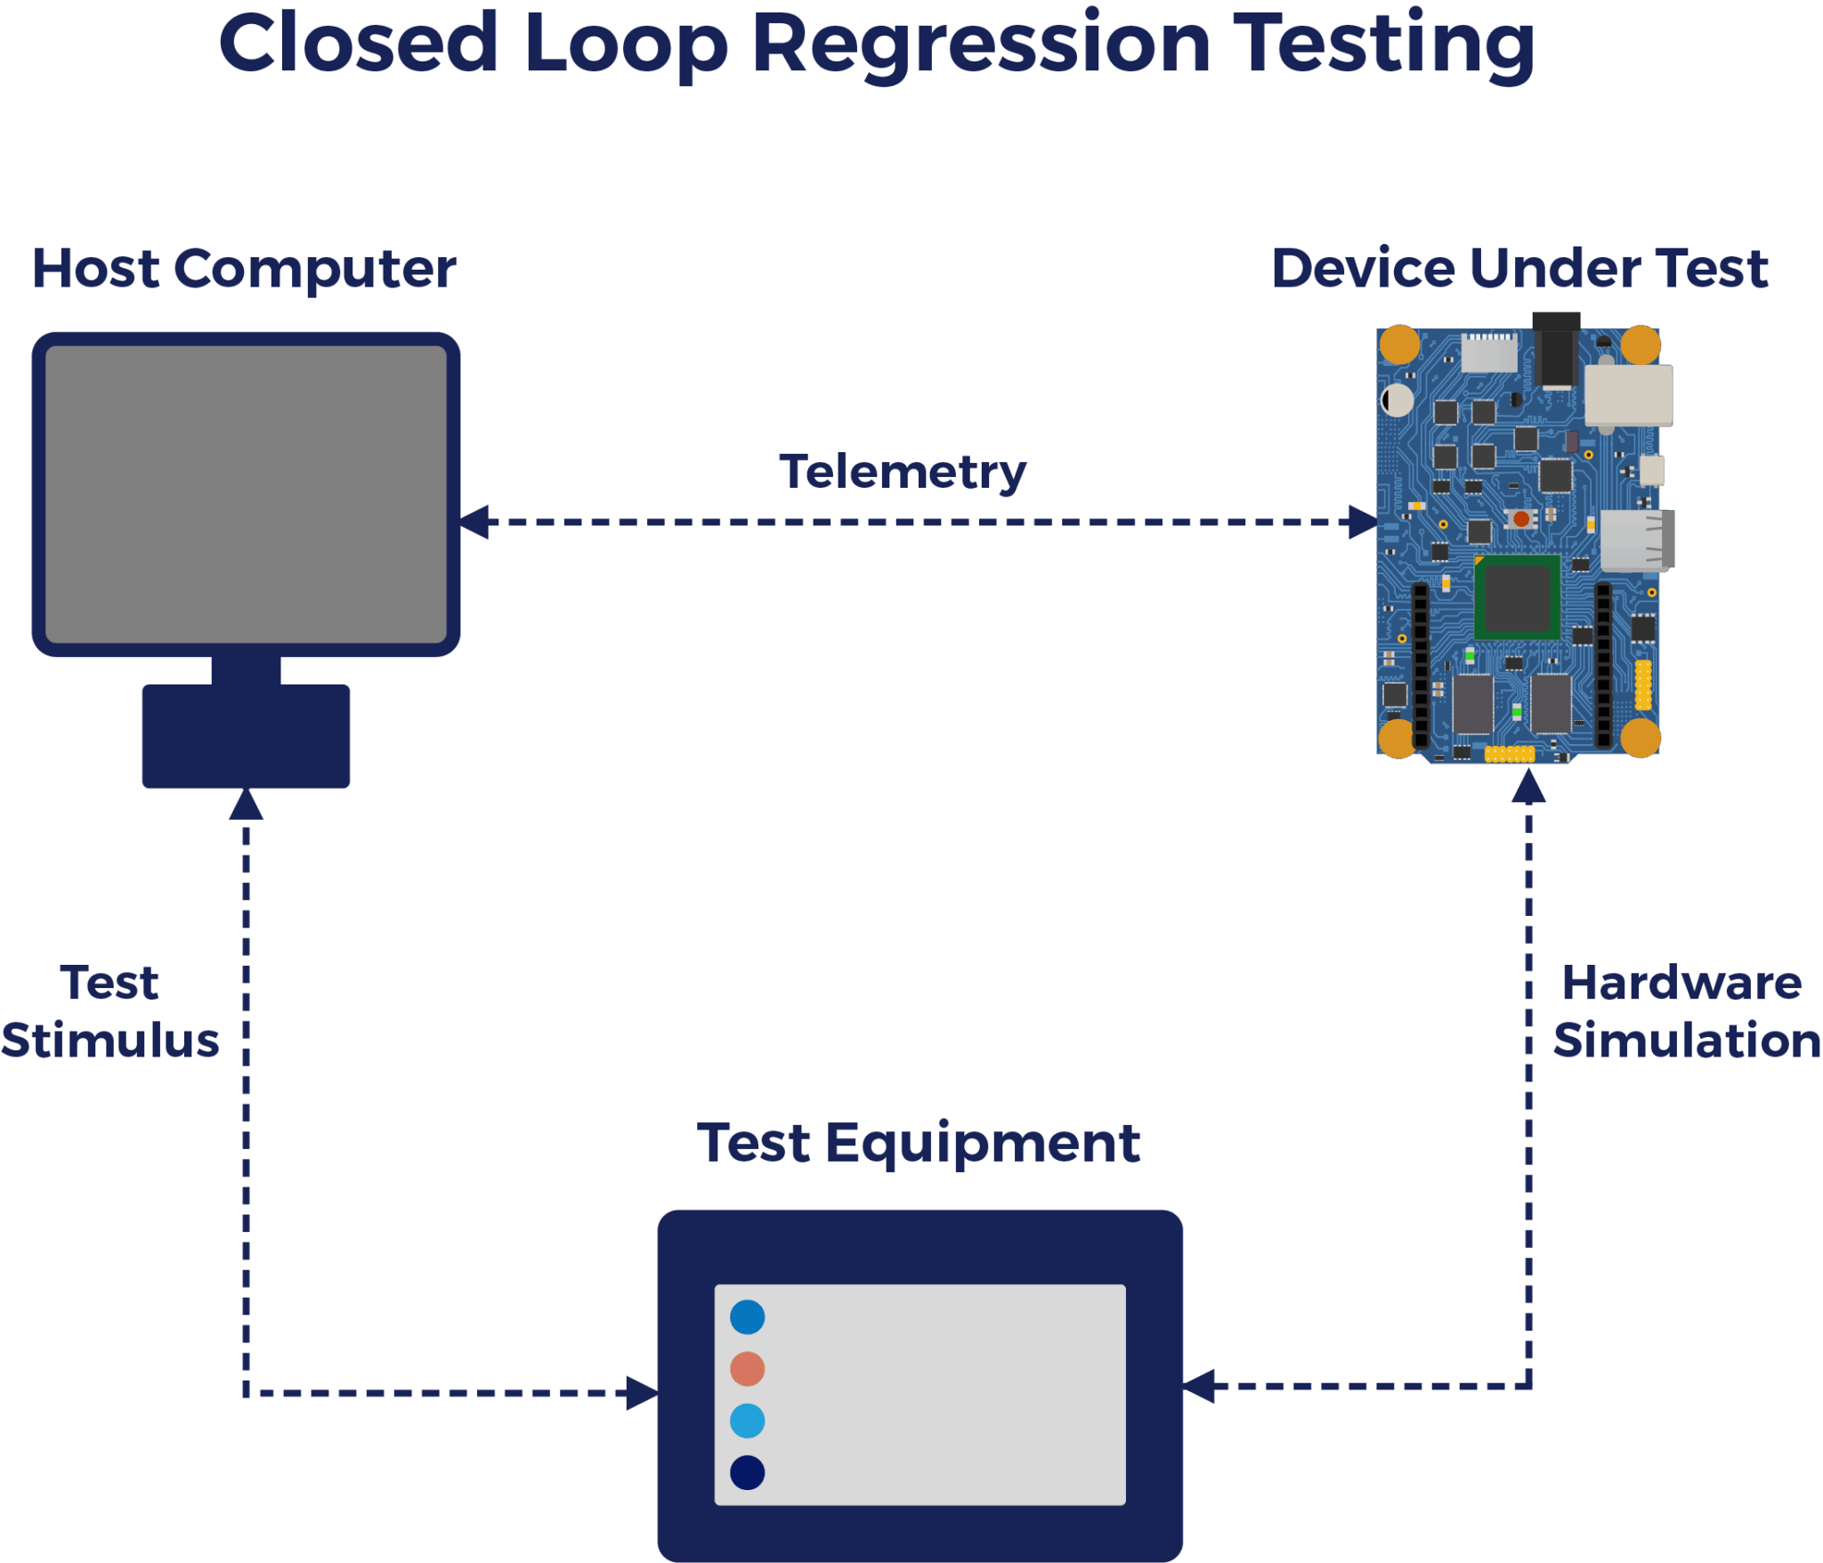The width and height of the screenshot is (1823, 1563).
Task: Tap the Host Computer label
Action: [244, 269]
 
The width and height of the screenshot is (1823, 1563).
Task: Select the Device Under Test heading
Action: [1519, 269]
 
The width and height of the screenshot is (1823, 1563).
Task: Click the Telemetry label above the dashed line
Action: [903, 472]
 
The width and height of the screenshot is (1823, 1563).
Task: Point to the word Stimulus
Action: [110, 1041]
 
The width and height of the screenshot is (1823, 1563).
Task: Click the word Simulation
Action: [1687, 1041]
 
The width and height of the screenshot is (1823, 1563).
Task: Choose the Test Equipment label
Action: [919, 1143]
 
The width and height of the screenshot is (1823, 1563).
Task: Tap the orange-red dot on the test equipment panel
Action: [747, 1369]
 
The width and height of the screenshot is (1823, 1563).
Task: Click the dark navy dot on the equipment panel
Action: [747, 1473]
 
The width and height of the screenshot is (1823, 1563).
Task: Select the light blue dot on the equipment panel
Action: [747, 1421]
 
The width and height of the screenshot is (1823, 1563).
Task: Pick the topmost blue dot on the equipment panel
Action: [747, 1317]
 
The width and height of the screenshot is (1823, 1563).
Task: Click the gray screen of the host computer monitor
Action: [246, 494]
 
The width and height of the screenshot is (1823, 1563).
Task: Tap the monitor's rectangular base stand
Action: [246, 736]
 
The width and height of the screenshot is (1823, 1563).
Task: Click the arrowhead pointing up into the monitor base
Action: [246, 805]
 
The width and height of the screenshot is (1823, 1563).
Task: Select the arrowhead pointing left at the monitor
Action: [475, 522]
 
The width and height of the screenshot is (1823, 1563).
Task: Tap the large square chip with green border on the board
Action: [1517, 597]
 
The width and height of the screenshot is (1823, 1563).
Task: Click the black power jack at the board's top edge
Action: [1556, 352]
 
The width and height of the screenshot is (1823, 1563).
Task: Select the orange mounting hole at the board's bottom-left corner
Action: [1397, 738]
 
